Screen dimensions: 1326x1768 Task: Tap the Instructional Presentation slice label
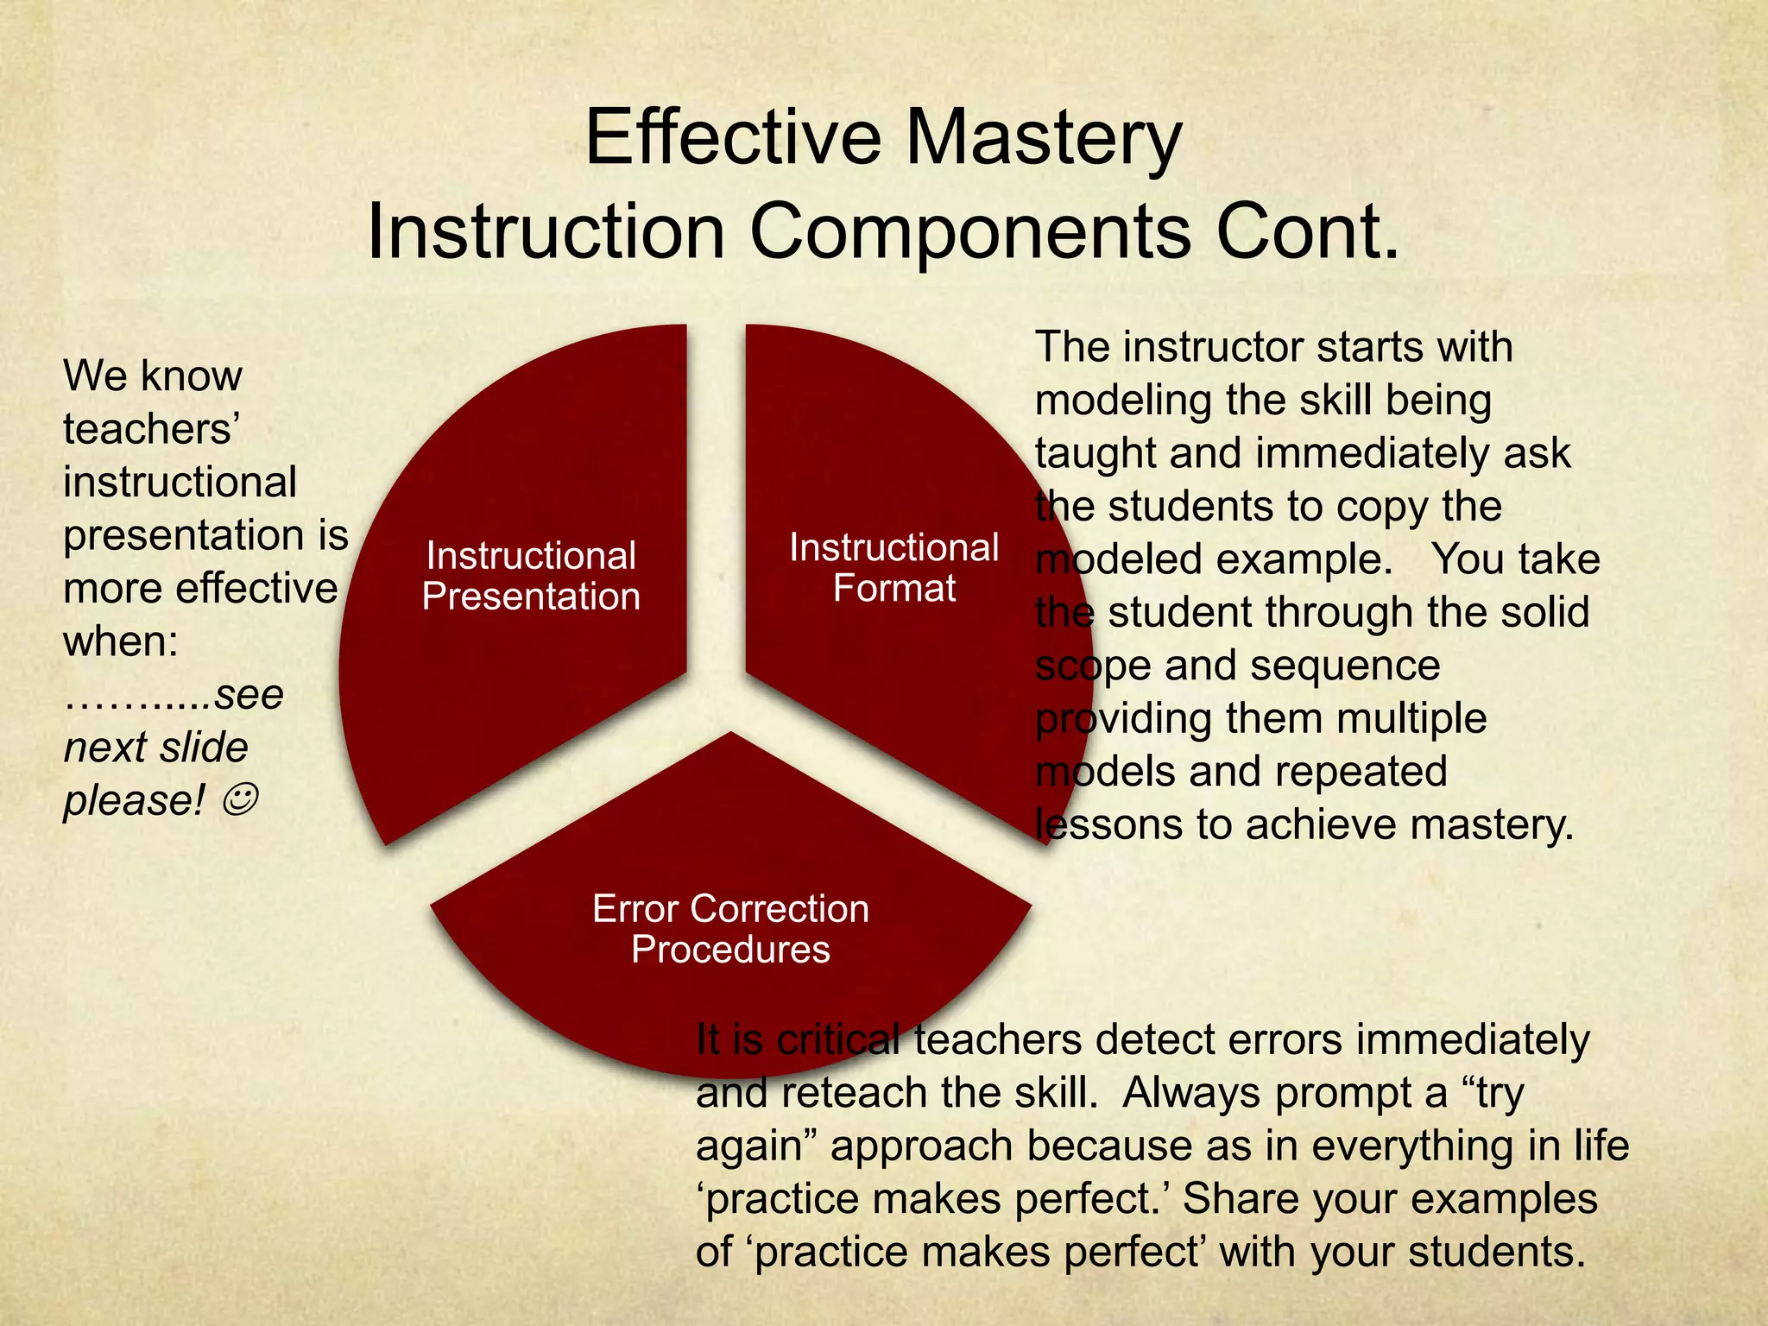[531, 576]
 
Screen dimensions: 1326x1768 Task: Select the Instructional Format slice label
[893, 567]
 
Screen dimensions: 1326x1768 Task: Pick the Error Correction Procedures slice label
[730, 929]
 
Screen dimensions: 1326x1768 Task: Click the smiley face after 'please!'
[239, 800]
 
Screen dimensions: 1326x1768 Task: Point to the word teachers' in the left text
[151, 429]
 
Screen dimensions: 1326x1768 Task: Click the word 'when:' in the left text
[121, 641]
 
